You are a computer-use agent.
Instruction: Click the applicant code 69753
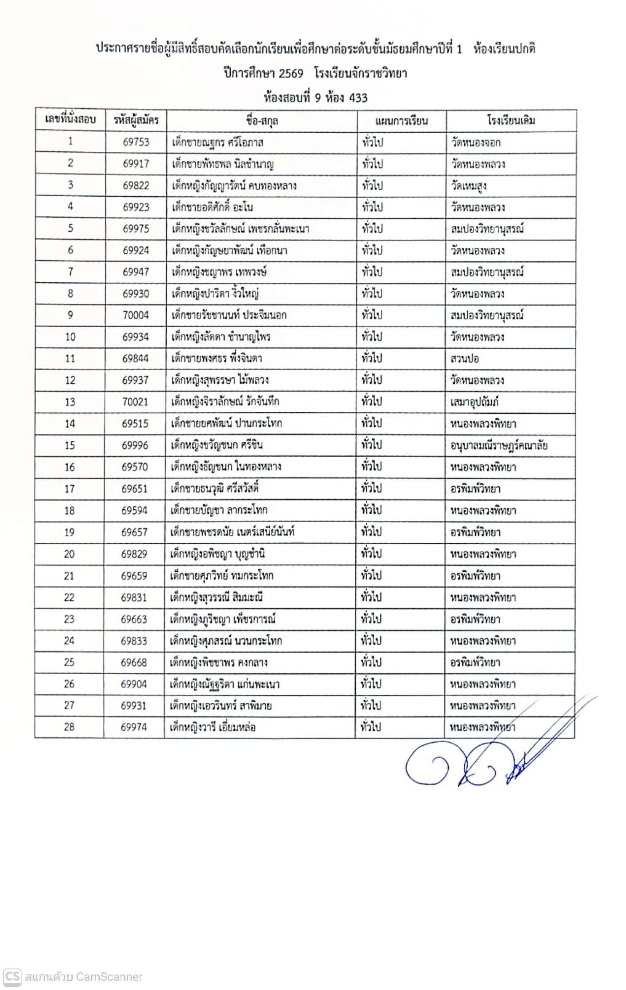pos(135,142)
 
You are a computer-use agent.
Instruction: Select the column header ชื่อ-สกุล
pos(261,120)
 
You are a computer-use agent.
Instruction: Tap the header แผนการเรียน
pos(401,120)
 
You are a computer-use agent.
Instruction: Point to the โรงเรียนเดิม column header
pos(511,120)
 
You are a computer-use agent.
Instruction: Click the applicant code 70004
pos(135,315)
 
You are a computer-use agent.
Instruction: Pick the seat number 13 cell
pos(70,402)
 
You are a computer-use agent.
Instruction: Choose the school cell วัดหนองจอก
pos(475,143)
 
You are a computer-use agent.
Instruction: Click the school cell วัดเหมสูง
pos(469,186)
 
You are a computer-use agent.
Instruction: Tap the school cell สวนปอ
pos(465,358)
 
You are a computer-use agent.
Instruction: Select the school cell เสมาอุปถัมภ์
pos(474,402)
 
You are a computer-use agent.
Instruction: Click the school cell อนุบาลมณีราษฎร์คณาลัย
pos(499,445)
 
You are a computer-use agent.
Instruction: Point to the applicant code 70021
pos(135,402)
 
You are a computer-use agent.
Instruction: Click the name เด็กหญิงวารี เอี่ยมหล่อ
pos(213,727)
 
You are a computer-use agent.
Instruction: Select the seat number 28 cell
pos(69,727)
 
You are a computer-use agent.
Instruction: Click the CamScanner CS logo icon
pos(12,976)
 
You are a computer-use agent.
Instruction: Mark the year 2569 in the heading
pos(291,74)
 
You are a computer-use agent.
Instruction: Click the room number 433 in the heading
pos(358,98)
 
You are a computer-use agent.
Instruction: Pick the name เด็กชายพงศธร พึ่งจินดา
pos(217,358)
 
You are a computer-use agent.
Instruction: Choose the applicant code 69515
pos(135,424)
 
